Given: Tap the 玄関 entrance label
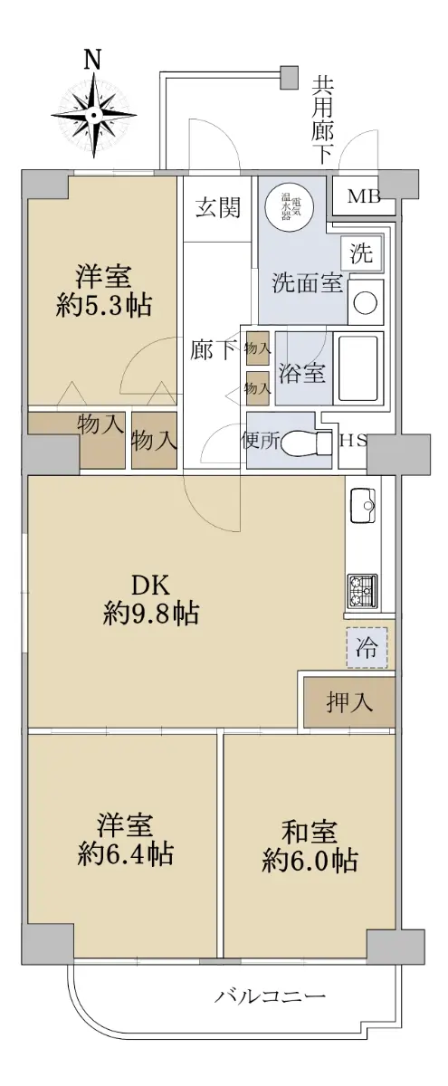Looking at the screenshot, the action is click(218, 208).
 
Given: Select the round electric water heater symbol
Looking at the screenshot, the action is click(290, 208).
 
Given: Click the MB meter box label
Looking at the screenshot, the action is click(364, 196).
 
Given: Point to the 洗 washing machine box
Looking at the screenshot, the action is click(362, 252).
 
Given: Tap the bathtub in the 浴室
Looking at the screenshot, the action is click(358, 367).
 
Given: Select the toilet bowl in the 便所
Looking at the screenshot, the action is click(306, 442).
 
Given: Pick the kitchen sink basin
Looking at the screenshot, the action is click(363, 506).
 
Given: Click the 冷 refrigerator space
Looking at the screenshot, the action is click(367, 648).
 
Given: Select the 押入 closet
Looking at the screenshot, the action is click(349, 701).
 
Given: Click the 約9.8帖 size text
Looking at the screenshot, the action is click(151, 615).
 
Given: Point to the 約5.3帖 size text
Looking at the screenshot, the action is click(103, 306).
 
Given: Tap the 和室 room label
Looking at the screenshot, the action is click(310, 831).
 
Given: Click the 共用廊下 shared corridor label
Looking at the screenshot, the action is click(322, 120).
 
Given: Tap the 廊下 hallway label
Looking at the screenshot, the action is click(214, 350).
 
